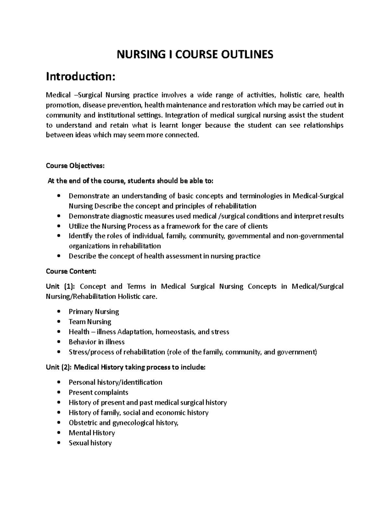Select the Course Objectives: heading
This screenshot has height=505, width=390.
tap(75, 166)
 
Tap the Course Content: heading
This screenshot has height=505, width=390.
tap(71, 271)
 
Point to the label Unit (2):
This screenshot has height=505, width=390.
tap(58, 367)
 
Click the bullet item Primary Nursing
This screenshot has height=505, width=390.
tap(94, 312)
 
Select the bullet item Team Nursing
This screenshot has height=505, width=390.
tap(90, 322)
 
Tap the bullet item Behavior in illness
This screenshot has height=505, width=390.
tap(97, 342)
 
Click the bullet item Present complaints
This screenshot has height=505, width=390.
tap(98, 392)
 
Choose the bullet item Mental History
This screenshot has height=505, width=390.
tap(92, 433)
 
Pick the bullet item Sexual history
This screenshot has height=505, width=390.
tap(90, 443)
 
